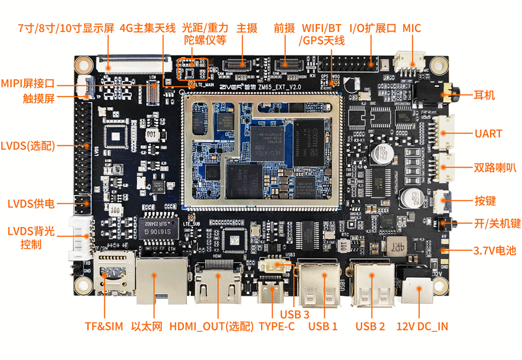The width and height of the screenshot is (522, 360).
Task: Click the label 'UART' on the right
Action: click(x=488, y=134)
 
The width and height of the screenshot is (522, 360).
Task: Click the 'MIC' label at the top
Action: click(x=412, y=28)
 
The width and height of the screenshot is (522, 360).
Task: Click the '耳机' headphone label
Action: click(x=484, y=95)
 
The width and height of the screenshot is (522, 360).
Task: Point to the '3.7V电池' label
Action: click(x=494, y=250)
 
